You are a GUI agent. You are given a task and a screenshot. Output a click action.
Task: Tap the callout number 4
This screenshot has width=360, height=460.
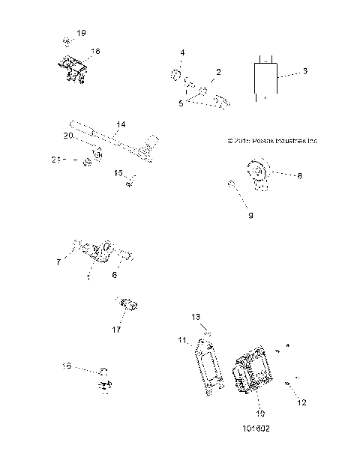[x=181, y=52]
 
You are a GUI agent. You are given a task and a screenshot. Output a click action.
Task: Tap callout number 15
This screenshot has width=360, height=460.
[x=118, y=173]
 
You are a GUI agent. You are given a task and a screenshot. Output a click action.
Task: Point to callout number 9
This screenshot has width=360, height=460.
[x=250, y=216]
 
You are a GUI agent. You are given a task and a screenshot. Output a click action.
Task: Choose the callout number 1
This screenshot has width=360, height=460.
[x=88, y=277]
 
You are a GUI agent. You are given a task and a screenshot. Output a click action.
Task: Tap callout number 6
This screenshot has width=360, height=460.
[x=115, y=276]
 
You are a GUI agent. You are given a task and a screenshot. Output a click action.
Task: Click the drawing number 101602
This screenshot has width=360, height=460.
[x=255, y=430]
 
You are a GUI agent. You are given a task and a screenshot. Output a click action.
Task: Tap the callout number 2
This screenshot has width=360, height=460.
[x=217, y=72]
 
